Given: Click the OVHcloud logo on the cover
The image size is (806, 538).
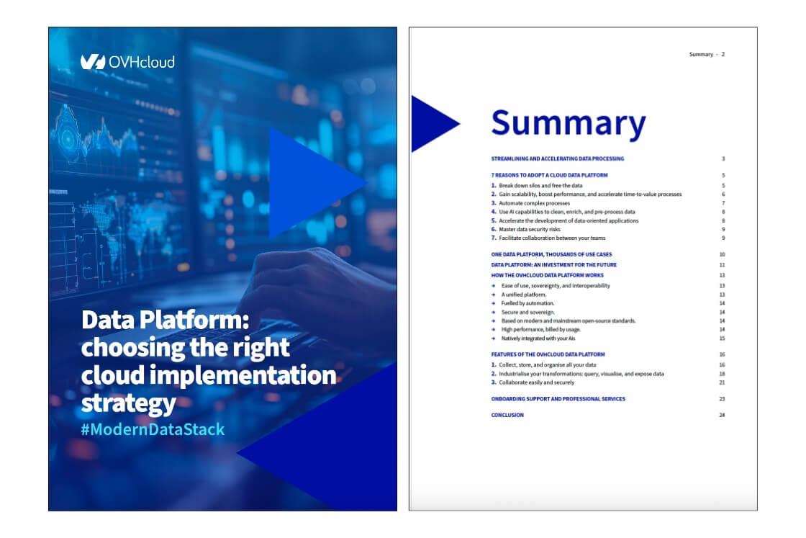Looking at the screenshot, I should [127, 62].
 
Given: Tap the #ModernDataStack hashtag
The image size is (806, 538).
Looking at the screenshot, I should [153, 430].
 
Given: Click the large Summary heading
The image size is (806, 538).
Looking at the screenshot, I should [568, 123].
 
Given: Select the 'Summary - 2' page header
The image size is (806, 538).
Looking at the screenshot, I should [707, 54].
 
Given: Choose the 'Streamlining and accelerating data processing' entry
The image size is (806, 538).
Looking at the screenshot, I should [557, 158].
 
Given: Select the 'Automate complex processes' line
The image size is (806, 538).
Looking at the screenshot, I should [533, 203].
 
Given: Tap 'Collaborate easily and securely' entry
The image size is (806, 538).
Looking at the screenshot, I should [536, 382].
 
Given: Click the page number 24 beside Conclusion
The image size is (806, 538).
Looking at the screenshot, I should [722, 416].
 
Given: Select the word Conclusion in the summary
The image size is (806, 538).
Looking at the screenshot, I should [507, 416].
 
